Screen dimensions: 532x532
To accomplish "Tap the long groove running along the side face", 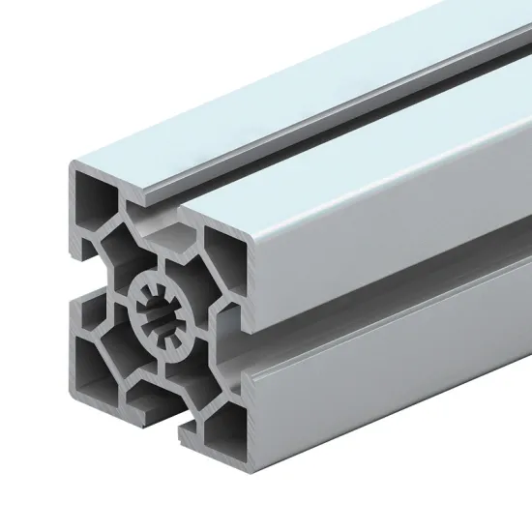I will coord(387,319).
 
